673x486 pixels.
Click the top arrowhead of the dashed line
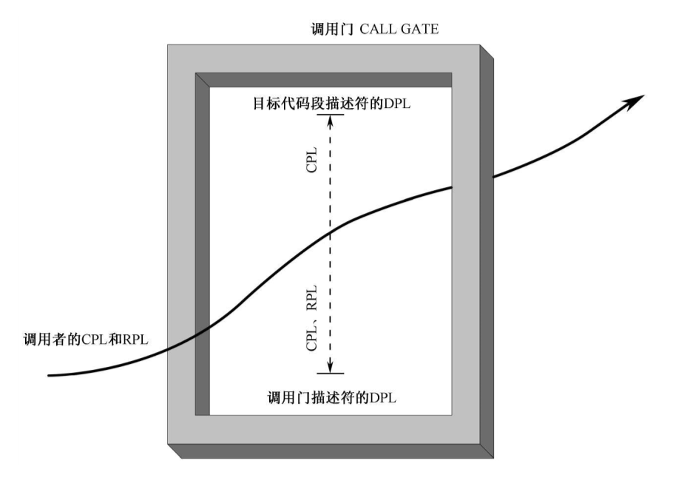click(331, 119)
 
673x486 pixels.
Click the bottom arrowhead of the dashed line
click(331, 368)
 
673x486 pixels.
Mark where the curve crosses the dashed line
click(331, 232)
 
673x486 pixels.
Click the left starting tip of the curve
click(50, 375)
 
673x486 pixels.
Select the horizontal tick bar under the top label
click(331, 114)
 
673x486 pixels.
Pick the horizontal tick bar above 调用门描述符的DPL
click(331, 374)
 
